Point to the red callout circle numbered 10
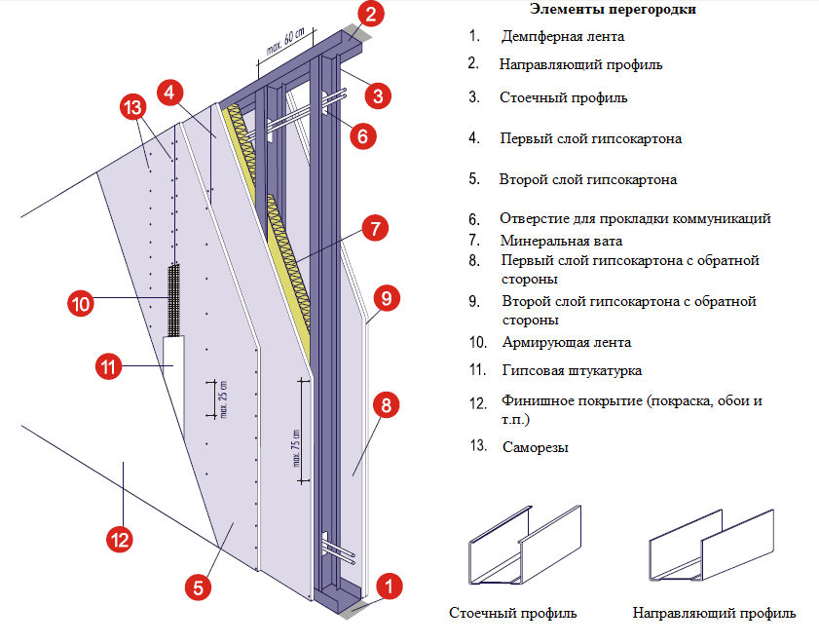coord(81,303)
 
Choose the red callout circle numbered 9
coord(387,297)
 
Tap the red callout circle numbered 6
coord(361,136)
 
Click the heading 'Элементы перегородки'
coord(613,10)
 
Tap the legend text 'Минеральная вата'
coord(561,240)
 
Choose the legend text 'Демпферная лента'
coord(562,37)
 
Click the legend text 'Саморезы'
coord(536,448)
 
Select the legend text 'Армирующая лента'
coord(565,342)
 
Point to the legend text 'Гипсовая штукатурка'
coord(572,370)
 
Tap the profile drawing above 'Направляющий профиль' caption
coord(710,549)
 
